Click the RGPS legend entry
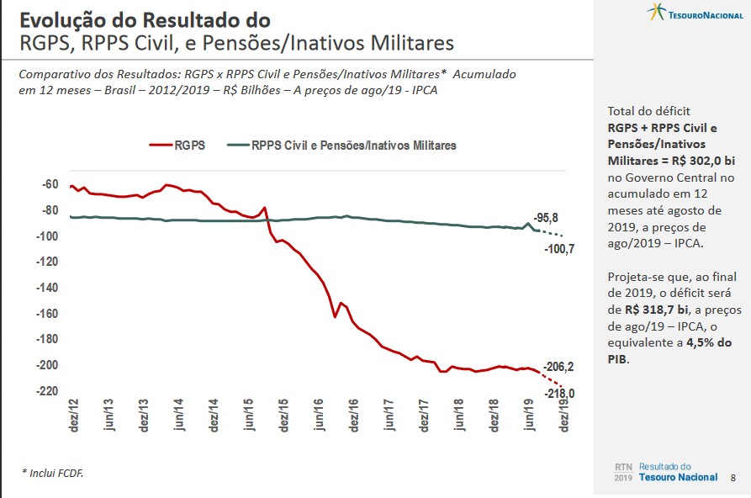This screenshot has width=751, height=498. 178,146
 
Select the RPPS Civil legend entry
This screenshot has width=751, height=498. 343,146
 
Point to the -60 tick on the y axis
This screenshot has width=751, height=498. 50,184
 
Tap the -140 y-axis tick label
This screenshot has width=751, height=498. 47,288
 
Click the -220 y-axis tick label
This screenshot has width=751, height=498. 47,391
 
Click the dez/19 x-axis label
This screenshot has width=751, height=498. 563,416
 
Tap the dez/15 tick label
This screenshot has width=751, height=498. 284,416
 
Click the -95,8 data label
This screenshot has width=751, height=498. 547,217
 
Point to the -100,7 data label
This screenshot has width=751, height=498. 559,249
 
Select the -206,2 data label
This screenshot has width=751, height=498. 559,367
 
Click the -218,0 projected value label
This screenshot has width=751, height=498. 559,393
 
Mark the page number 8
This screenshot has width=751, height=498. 733,478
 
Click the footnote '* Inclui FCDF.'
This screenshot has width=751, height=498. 52,474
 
